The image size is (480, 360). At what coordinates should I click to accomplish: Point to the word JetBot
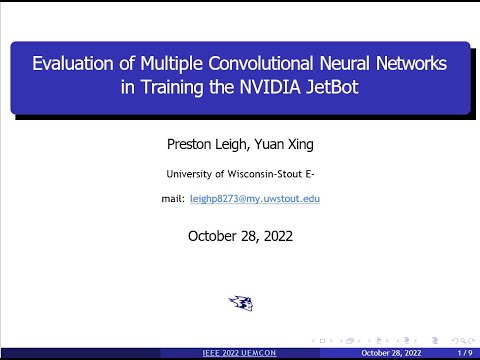coord(324,88)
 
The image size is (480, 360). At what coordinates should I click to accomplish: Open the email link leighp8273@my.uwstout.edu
coord(254,199)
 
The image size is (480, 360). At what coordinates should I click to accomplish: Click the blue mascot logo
coord(240,302)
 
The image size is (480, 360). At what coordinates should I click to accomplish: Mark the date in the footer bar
coord(392,353)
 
